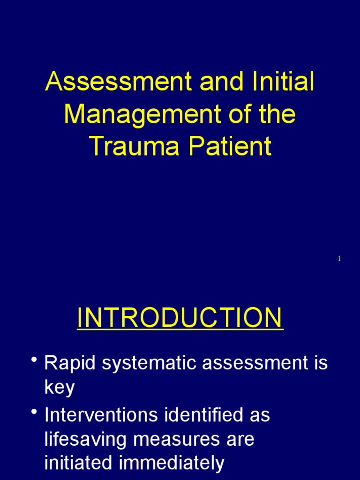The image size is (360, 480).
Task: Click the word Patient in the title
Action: point(230,146)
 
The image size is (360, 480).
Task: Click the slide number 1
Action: point(339,259)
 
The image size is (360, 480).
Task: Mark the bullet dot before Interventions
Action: point(34,412)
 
